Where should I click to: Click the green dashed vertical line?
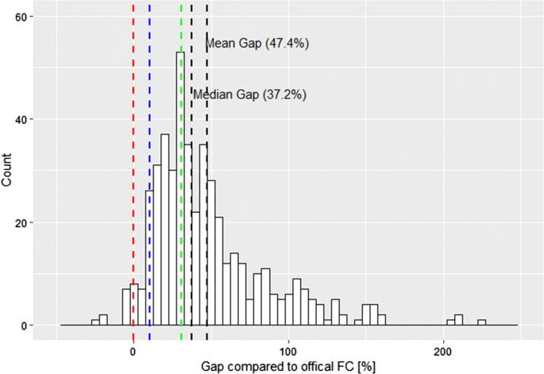[182, 199]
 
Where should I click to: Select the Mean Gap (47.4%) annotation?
[257, 44]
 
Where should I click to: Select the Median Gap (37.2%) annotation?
[250, 94]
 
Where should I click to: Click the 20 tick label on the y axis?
[25, 222]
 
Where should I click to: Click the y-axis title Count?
[8, 171]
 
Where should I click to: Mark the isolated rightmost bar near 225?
[481, 322]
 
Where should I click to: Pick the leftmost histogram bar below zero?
[95, 322]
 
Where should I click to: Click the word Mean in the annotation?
[220, 44]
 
